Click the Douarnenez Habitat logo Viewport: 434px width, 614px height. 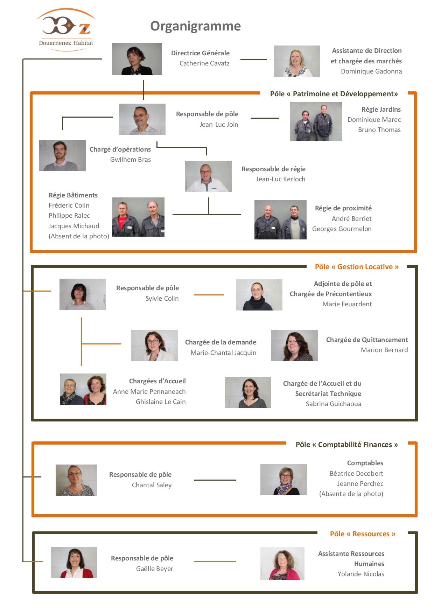[66, 30]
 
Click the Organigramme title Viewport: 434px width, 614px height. [196, 26]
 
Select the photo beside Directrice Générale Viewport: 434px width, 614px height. [137, 59]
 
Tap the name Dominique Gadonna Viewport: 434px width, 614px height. [371, 71]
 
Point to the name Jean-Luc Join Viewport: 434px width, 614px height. [219, 124]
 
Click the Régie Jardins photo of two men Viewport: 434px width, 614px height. [316, 121]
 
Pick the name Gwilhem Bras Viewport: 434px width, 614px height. [131, 159]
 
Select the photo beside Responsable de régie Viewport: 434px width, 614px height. [208, 176]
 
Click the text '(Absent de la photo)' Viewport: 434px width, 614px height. [79, 236]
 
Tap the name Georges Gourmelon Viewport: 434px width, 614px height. [342, 229]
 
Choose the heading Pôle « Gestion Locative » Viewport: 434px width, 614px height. [357, 267]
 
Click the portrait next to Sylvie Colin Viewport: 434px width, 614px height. [83, 294]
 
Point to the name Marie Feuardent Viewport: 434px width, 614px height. [347, 304]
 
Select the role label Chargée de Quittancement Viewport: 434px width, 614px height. [367, 340]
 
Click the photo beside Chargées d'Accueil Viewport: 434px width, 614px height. [83, 389]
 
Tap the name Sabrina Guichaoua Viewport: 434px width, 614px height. [334, 404]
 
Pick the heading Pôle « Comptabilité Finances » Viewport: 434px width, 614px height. [346, 445]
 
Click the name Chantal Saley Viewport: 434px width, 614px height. [152, 485]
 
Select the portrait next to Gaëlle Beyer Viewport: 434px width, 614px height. [74, 562]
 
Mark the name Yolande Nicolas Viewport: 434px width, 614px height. [361, 574]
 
